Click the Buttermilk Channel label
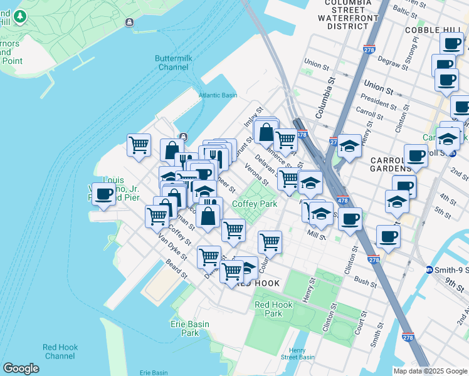(x=173, y=63)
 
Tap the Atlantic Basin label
(x=218, y=95)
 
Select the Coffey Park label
(x=255, y=204)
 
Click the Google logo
(x=21, y=368)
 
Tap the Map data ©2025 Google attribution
(x=429, y=371)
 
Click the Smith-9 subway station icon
(x=429, y=270)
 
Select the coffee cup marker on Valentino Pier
(x=103, y=193)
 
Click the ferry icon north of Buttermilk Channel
(x=129, y=23)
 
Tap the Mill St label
(x=317, y=235)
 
